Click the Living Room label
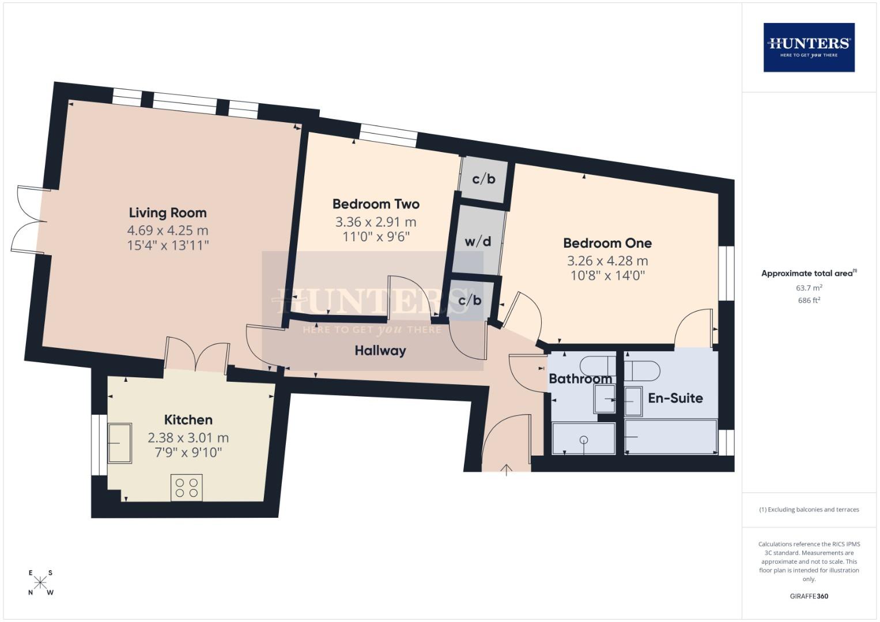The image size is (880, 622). pos(167,213)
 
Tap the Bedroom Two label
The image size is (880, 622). pos(376,204)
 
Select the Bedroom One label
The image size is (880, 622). pos(607,243)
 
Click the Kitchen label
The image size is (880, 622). pos(188,420)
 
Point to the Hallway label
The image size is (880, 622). pos(380,351)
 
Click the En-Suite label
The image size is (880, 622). pos(675,398)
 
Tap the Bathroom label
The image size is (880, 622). pos(580,379)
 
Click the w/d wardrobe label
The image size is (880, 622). pos(478,241)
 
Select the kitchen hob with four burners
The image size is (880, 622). pos(187,487)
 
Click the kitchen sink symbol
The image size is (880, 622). pos(119,443)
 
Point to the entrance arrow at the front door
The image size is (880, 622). pos(506,469)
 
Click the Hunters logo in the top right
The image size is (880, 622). pos(809,47)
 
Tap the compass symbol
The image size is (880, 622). pos(40,582)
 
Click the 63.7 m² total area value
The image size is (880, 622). pos(809,287)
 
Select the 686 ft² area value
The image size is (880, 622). pos(809,300)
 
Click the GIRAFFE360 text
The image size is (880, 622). pos(809,596)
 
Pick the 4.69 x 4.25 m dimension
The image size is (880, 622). pos(167,230)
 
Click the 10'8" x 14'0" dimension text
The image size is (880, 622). pos(607,275)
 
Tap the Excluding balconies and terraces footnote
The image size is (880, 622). pos(809,510)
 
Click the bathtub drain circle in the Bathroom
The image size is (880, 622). pos(584,441)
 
